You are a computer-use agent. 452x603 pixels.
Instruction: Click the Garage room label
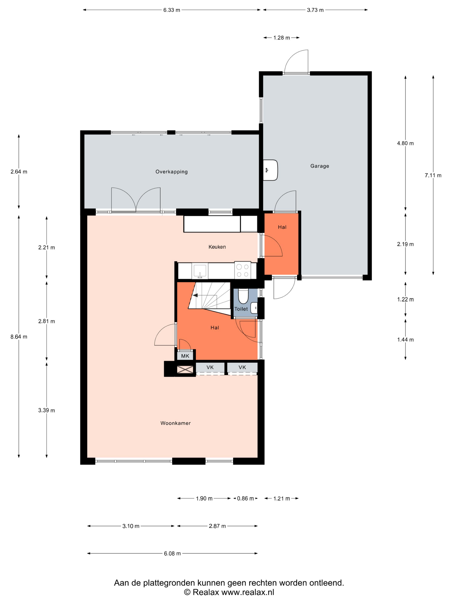click(319, 166)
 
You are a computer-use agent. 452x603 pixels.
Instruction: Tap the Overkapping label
click(171, 172)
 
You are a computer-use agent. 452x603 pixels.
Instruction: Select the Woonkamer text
click(175, 423)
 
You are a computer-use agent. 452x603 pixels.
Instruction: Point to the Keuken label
click(217, 247)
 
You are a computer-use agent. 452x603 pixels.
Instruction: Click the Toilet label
click(241, 309)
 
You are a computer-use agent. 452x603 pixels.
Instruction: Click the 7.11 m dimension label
click(433, 175)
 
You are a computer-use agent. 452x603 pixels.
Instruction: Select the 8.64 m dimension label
click(19, 337)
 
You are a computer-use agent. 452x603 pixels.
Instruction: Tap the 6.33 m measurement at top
click(172, 10)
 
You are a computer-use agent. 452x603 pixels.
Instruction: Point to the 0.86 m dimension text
click(245, 499)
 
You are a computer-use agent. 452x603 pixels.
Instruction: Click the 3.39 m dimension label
click(46, 410)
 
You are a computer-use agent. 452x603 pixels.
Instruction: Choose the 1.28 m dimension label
click(282, 38)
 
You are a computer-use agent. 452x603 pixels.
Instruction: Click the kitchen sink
click(200, 271)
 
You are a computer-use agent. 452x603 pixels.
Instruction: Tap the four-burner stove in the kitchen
click(243, 270)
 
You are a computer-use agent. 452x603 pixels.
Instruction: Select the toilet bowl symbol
click(243, 296)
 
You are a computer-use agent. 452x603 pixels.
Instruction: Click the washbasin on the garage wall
click(270, 170)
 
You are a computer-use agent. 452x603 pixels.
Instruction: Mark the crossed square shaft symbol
click(185, 370)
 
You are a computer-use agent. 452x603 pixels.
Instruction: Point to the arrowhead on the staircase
click(195, 295)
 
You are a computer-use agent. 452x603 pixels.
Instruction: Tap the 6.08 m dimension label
click(172, 553)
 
